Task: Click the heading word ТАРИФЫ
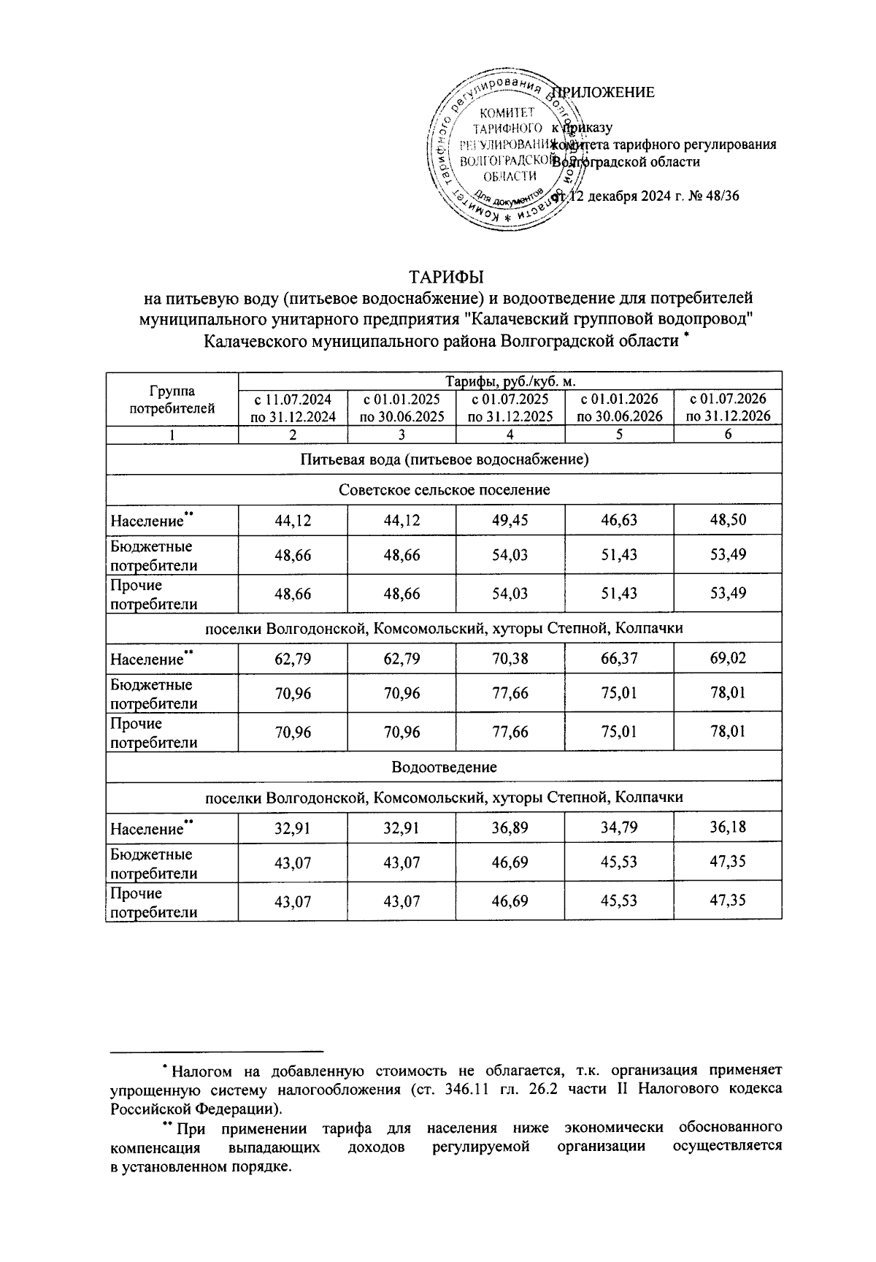point(446,278)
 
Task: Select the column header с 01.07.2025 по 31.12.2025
point(510,408)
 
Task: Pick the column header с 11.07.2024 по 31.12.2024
point(293,408)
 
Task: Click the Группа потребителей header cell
point(172,399)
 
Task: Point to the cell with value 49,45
point(510,520)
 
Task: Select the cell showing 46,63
point(618,520)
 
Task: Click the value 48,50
point(728,520)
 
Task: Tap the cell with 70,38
point(510,658)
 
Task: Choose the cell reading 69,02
point(728,658)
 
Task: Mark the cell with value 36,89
point(510,828)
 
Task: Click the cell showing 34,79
point(618,828)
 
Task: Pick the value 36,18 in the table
point(728,828)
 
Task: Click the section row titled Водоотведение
point(444,768)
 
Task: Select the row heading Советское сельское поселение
point(444,489)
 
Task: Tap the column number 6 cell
point(728,435)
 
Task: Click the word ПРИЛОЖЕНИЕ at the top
point(605,93)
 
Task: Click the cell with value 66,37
point(618,658)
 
